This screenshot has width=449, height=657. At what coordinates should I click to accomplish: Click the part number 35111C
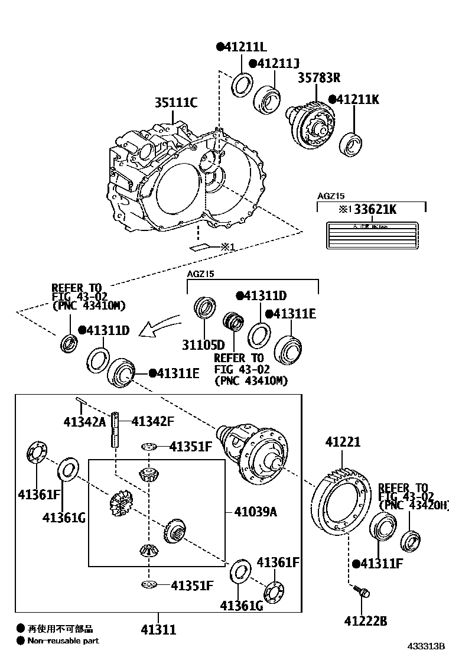(x=176, y=102)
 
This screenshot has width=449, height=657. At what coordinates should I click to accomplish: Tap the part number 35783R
(x=318, y=78)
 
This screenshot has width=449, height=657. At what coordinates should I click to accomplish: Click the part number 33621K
(x=375, y=209)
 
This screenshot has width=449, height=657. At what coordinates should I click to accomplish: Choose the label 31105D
(x=203, y=345)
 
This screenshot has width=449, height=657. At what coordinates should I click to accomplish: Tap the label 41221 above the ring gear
(x=343, y=442)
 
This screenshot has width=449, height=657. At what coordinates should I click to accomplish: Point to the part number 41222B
(x=366, y=620)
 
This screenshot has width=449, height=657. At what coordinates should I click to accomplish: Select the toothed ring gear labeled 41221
(x=341, y=502)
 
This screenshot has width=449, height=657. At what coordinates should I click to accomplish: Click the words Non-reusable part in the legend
(x=63, y=640)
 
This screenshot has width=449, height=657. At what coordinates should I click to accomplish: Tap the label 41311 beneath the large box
(x=158, y=630)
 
